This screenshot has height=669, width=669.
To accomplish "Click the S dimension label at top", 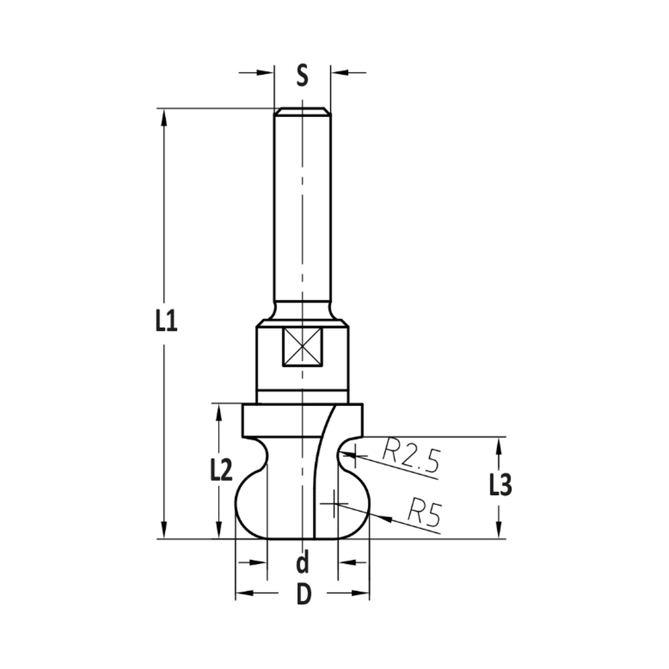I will [302, 74].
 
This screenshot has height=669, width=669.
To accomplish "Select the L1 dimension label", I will [165, 322].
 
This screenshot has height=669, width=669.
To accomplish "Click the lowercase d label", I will [302, 563].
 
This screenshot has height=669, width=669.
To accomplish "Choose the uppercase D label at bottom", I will [304, 595].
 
